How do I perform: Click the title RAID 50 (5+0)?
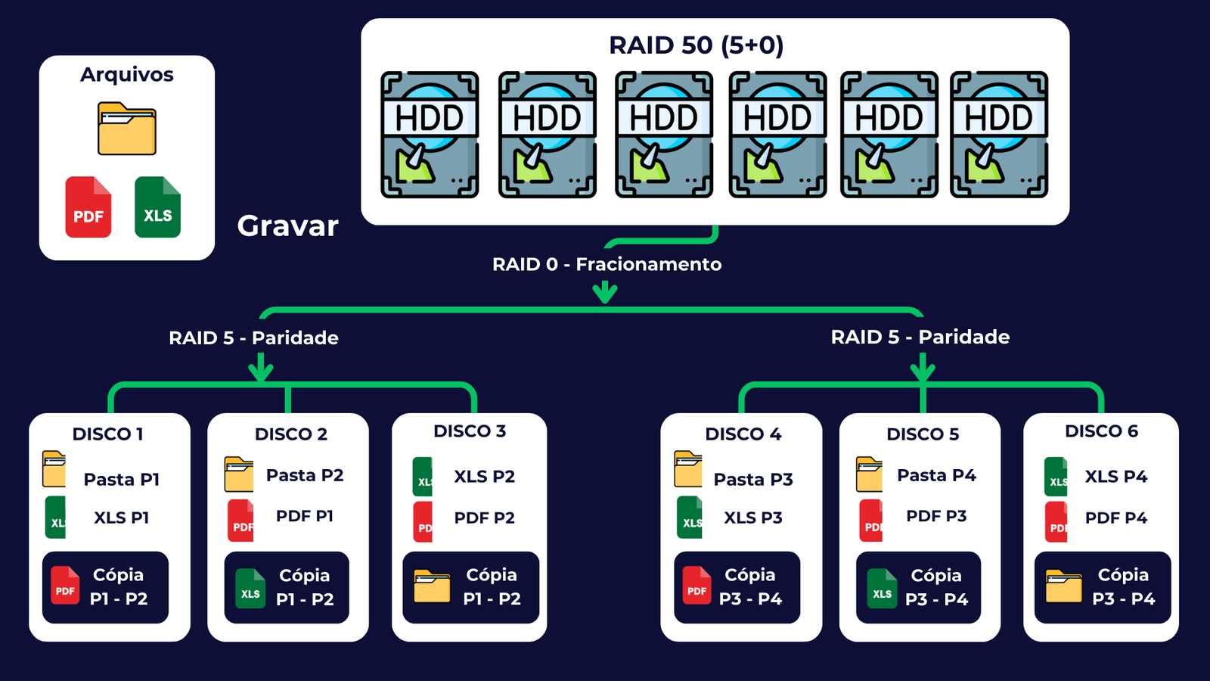[x=696, y=45]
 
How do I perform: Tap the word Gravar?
[x=287, y=225]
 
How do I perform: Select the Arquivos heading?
[x=127, y=74]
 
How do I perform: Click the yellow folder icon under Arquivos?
[x=127, y=129]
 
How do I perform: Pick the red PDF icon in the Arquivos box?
[x=88, y=207]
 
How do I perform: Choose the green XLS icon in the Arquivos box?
[x=157, y=207]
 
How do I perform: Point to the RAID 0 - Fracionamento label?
[x=607, y=264]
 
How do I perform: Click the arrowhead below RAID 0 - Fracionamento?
[x=605, y=293]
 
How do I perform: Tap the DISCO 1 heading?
[x=107, y=434]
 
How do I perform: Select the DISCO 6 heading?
[x=1101, y=431]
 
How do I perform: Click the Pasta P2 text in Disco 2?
[x=305, y=475]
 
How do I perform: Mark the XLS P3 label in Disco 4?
[x=753, y=518]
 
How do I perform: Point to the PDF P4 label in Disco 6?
[x=1116, y=518]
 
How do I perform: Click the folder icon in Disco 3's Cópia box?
[x=432, y=586]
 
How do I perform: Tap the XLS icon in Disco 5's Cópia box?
[x=882, y=588]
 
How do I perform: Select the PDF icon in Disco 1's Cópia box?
[x=65, y=586]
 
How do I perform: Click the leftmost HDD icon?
[x=430, y=135]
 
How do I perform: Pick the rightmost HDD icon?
[x=999, y=135]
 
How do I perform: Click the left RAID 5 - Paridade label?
[x=253, y=337]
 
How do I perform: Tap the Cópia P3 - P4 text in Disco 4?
[x=750, y=586]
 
